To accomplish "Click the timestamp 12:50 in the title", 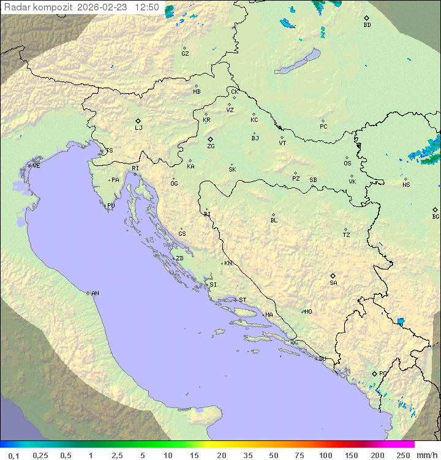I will [147, 7].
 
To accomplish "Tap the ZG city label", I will [211, 146].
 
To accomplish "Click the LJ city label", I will [138, 128].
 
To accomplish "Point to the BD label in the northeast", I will [367, 25].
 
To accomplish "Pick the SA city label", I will [333, 283].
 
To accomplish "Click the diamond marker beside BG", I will [435, 209].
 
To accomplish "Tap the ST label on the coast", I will [243, 300].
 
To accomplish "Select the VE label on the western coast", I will [36, 166].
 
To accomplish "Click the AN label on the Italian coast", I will [95, 293].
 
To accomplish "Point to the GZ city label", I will [185, 54].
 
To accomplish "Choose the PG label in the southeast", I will [383, 374].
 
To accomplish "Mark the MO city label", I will [308, 312].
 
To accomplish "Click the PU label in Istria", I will [111, 206].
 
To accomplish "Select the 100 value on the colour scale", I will [325, 455].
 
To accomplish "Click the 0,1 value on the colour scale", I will [13, 455].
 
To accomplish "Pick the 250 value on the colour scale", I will [403, 455].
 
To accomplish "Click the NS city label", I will [405, 185].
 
